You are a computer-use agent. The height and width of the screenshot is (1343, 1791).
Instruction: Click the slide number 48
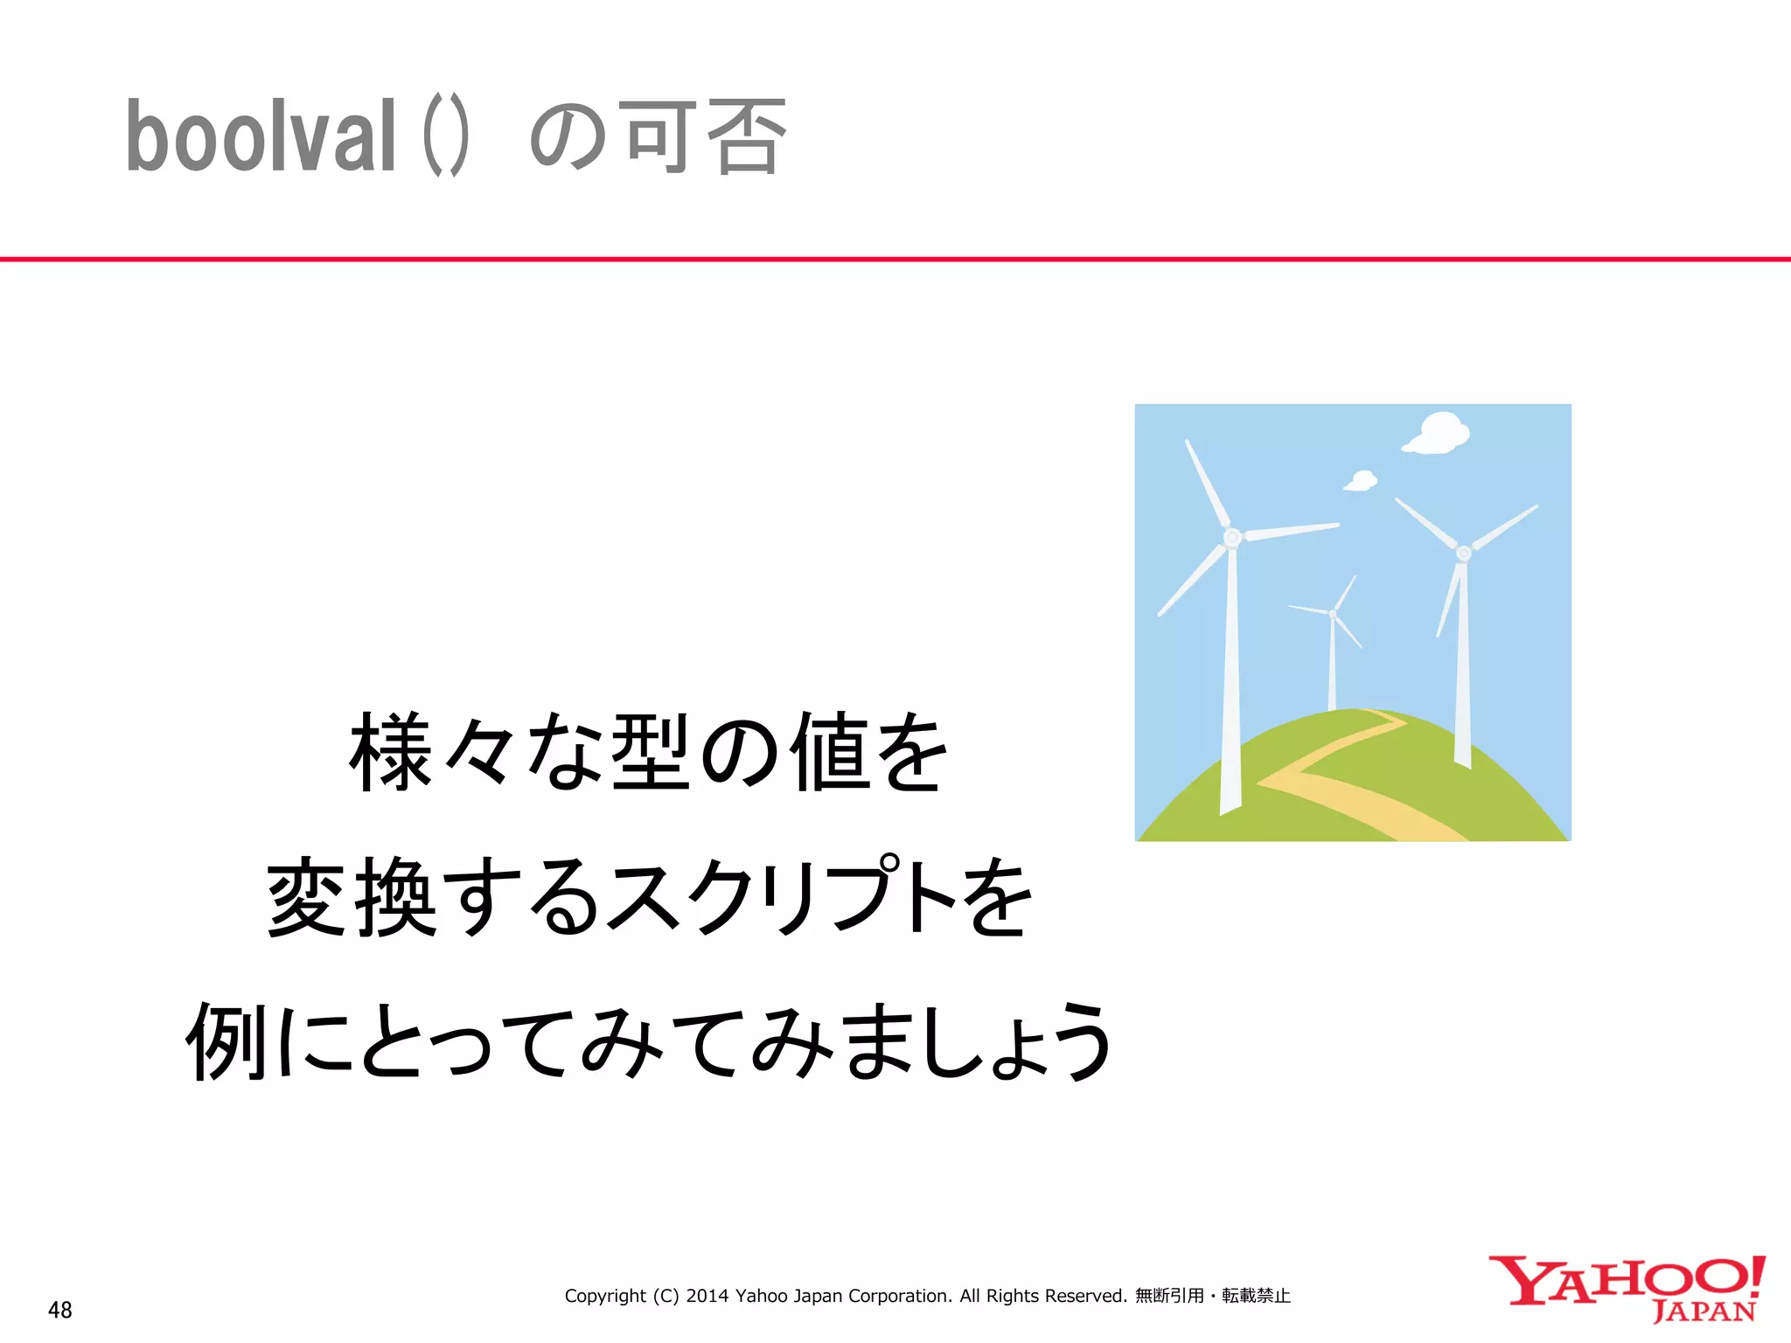[60, 1310]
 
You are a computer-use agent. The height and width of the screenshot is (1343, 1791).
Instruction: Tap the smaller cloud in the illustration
[1361, 480]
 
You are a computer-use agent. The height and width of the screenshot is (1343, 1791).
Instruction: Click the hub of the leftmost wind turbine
[1232, 537]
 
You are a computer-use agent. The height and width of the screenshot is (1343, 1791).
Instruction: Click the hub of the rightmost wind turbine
[1464, 553]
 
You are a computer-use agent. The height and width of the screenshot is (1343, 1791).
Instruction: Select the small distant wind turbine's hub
[1333, 614]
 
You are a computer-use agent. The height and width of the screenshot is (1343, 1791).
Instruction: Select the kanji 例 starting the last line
[226, 1040]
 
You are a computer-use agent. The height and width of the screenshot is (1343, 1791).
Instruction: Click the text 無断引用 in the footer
[1169, 1296]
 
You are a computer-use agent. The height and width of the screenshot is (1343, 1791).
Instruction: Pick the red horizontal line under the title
[895, 259]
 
